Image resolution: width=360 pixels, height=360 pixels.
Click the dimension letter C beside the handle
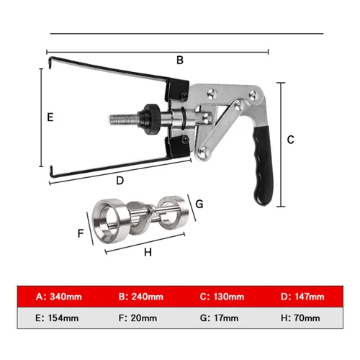pos(290,139)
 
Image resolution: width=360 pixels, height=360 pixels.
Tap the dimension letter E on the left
pos(50,116)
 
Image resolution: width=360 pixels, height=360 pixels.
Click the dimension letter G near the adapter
pos(199,204)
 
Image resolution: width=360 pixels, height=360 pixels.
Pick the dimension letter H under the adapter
pos(148,253)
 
